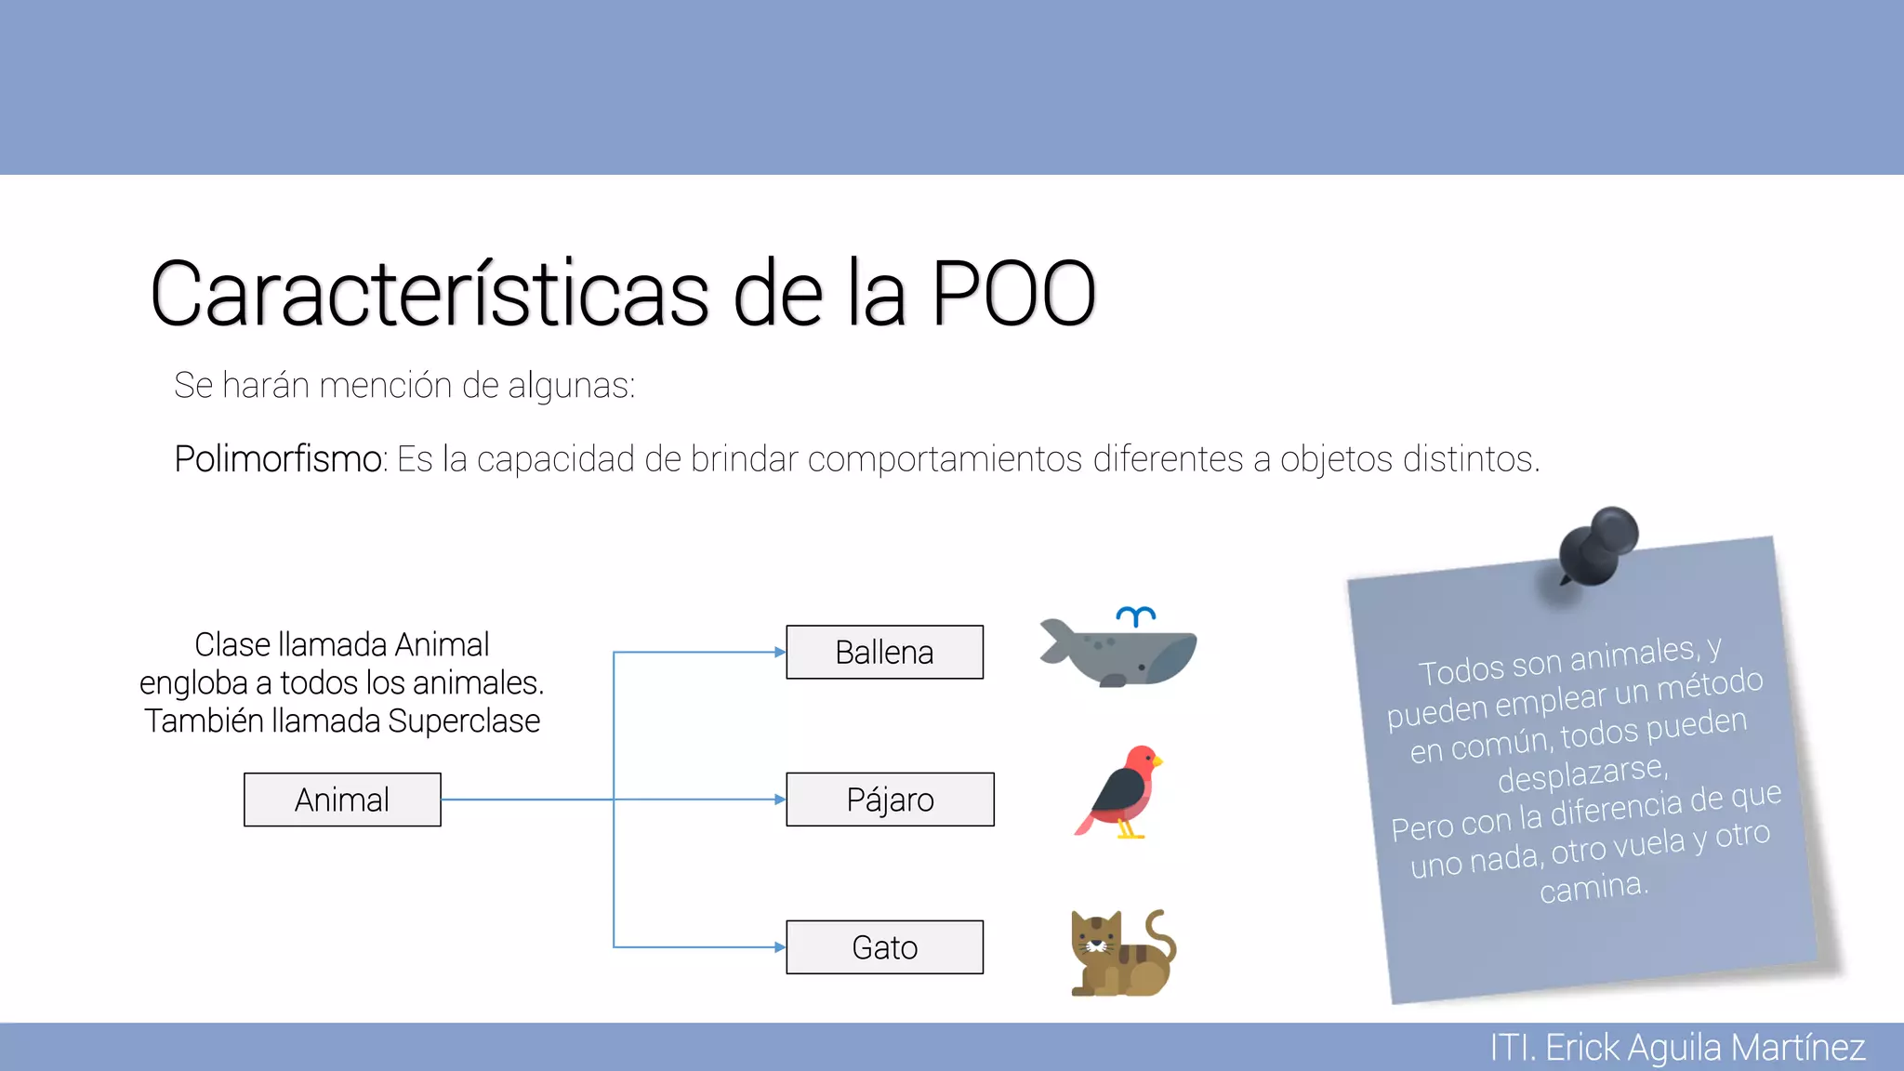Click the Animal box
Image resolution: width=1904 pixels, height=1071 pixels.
342,800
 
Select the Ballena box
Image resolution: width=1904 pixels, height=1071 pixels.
884,652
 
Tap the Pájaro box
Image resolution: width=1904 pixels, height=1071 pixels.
890,800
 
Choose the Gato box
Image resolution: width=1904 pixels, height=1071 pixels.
884,947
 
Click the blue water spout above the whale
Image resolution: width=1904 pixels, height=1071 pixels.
1136,615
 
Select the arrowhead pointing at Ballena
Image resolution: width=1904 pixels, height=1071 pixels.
780,652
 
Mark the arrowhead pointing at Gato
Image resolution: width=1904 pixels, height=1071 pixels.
780,947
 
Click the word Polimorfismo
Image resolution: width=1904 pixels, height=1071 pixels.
277,459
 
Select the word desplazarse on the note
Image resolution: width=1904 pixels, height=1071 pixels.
1580,773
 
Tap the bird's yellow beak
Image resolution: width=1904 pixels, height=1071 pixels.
1158,761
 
